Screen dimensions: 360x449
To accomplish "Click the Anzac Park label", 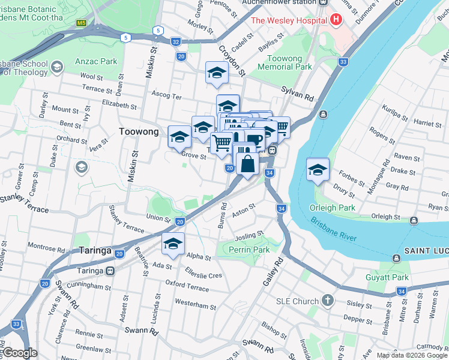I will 96,61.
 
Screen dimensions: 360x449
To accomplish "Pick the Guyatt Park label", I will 387,277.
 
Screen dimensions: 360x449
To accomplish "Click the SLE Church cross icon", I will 327,300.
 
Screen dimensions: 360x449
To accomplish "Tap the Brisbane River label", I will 334,229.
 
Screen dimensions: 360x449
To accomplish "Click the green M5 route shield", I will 81,23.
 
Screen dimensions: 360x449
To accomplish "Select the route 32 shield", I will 175,41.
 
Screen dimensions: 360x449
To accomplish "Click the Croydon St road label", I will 232,61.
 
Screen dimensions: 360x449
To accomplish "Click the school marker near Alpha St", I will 173,244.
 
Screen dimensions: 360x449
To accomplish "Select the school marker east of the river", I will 318,169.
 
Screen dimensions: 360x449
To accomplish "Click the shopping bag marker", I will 247,163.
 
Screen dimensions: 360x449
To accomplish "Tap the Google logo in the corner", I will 20,353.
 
